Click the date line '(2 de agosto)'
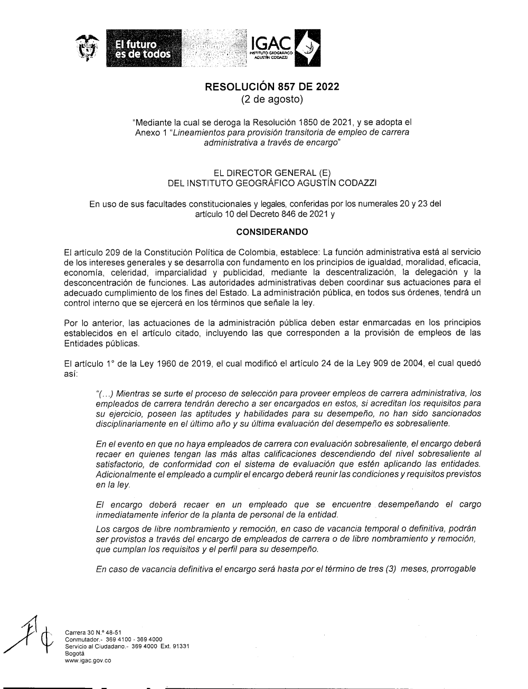(272, 99)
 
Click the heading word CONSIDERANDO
(272, 232)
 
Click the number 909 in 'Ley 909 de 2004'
(371, 363)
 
